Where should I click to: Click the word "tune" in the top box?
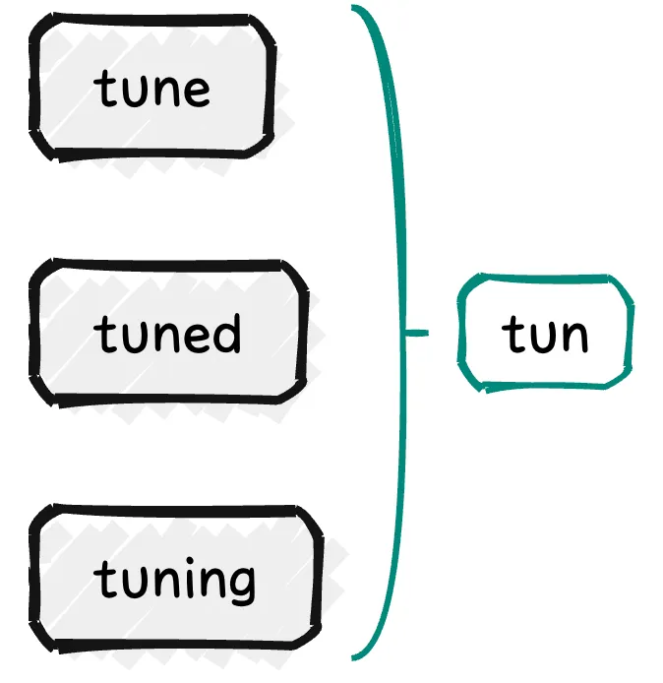[x=152, y=89]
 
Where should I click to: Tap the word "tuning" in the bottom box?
[x=176, y=581]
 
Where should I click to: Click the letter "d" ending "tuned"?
[x=226, y=333]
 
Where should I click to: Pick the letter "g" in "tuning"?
[x=241, y=585]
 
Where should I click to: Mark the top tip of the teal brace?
[x=354, y=8]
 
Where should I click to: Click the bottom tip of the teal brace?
[x=354, y=657]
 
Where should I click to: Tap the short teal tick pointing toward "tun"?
[x=417, y=334]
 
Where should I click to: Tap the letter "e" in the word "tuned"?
[x=196, y=338]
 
